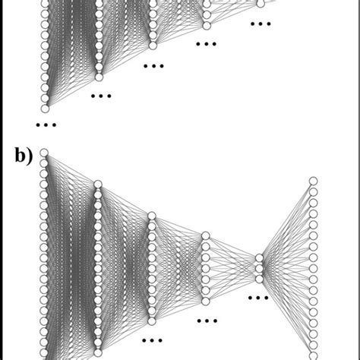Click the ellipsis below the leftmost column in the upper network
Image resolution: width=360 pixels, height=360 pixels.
46,123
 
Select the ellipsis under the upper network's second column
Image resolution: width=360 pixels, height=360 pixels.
99,96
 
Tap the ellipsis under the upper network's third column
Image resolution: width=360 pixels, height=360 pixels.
153,66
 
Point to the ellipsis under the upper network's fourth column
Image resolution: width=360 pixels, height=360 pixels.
206,44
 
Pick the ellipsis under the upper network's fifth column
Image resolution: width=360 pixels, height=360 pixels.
261,24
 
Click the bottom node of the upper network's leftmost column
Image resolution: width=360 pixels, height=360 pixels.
45,108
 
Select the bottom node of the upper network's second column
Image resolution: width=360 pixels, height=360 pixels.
99,77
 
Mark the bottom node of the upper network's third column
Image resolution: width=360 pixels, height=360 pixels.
152,45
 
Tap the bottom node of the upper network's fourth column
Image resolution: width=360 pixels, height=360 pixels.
206,26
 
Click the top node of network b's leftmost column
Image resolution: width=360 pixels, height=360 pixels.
45,153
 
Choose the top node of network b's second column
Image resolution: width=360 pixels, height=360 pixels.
99,184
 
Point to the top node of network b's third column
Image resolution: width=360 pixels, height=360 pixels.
152,216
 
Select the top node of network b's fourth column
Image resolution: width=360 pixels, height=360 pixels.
206,236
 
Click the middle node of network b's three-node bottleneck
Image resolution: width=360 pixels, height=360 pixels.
261,268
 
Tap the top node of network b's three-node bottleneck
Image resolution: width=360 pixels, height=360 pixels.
261,258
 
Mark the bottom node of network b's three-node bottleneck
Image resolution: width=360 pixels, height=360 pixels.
261,278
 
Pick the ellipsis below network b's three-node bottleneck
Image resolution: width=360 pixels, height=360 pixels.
261,298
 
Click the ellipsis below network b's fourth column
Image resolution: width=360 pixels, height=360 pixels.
206,321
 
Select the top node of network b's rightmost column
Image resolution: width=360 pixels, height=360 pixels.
313,181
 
